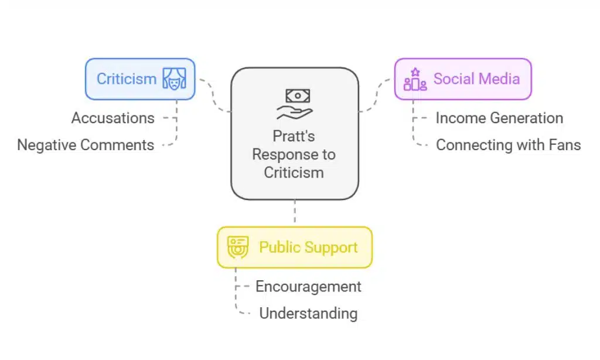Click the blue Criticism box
[x=140, y=79]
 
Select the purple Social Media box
[x=462, y=79]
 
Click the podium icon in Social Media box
[x=415, y=80]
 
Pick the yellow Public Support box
[x=294, y=247]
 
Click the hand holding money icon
[x=294, y=104]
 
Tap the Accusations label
[x=113, y=118]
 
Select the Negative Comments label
[x=86, y=145]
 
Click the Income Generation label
[x=499, y=118]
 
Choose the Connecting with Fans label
[x=508, y=145]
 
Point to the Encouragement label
[x=308, y=287]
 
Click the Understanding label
[x=308, y=313]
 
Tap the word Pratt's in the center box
[x=294, y=137]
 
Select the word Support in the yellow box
[x=332, y=247]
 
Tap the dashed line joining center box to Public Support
[x=294, y=213]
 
